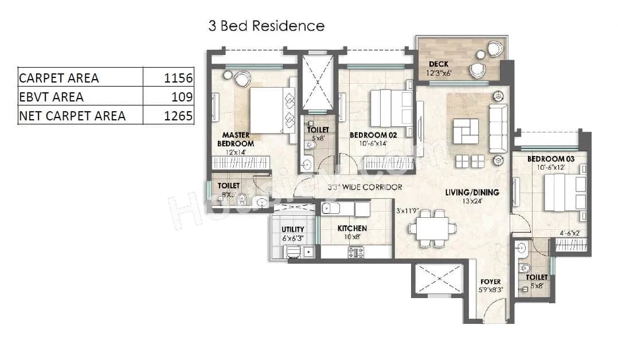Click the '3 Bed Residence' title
click(x=266, y=26)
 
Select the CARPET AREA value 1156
click(x=178, y=77)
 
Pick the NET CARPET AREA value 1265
click(x=178, y=116)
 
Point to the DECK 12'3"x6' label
click(x=439, y=68)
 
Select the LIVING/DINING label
click(x=472, y=193)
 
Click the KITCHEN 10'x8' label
click(x=351, y=232)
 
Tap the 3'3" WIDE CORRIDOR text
click(x=365, y=187)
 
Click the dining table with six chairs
click(x=433, y=228)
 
